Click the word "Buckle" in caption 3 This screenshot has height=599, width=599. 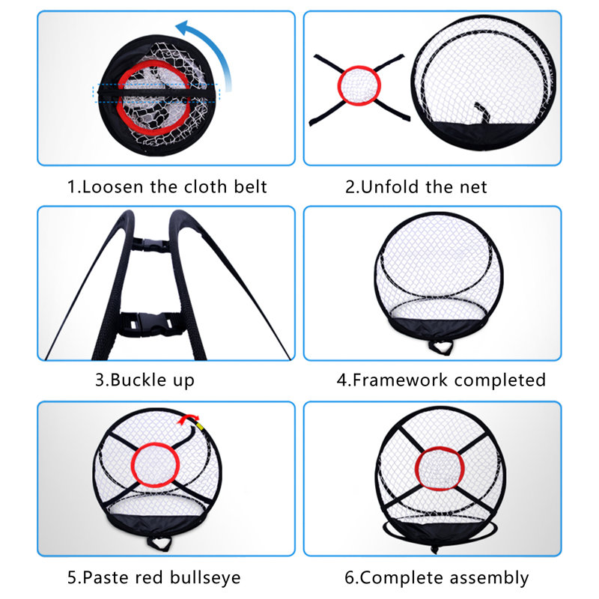tap(139, 380)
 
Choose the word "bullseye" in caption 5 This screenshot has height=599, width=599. tap(205, 577)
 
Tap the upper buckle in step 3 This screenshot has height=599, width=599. tap(152, 246)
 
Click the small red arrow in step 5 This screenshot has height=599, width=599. tap(188, 419)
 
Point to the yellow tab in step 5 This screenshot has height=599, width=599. tap(199, 425)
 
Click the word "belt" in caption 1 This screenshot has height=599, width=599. tap(250, 186)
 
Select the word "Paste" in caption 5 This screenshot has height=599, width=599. tap(106, 577)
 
